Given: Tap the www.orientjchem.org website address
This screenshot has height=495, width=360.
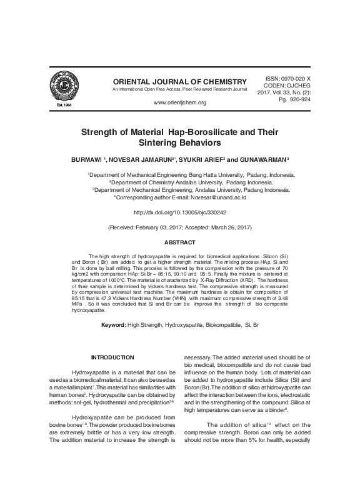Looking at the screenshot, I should pyautogui.click(x=179, y=102).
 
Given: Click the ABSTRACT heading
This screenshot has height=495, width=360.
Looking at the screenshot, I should pyautogui.click(x=180, y=242).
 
